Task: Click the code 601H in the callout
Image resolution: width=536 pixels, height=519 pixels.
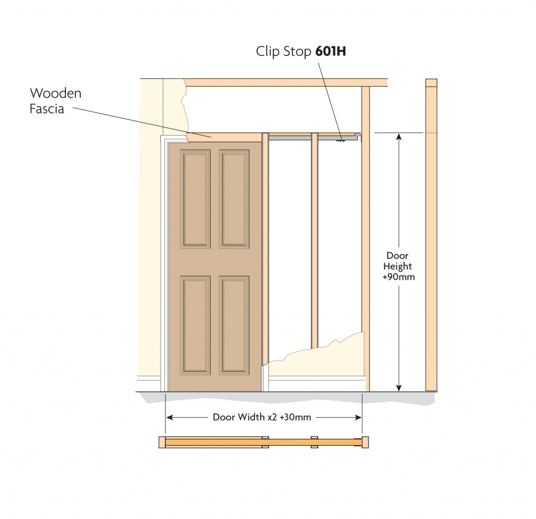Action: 330,51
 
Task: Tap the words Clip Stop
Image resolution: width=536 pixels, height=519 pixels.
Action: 283,52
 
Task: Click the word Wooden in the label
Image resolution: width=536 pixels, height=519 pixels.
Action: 55,93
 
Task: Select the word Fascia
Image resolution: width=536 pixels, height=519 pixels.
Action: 47,109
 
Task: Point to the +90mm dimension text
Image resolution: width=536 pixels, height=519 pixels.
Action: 398,277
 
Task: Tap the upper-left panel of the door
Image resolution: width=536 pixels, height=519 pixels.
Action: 195,199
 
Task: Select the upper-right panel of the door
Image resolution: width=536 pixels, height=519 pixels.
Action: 234,199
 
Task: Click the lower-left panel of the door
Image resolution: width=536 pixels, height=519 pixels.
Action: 195,324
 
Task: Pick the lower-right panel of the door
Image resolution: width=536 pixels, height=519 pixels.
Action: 234,324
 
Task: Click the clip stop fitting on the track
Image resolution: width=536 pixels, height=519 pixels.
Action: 340,140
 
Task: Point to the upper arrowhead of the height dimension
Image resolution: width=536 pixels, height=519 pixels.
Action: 398,137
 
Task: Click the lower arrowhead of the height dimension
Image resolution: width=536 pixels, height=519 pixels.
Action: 398,388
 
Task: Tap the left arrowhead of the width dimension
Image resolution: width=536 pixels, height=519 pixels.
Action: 170,417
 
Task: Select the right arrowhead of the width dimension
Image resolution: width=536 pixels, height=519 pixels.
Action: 358,417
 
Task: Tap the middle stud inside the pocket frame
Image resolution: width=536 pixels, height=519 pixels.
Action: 315,239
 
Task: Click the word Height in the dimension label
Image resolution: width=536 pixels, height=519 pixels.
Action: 398,266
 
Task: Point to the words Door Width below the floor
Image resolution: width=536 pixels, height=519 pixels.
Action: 239,417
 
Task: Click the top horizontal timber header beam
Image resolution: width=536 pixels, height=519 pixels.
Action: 286,82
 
